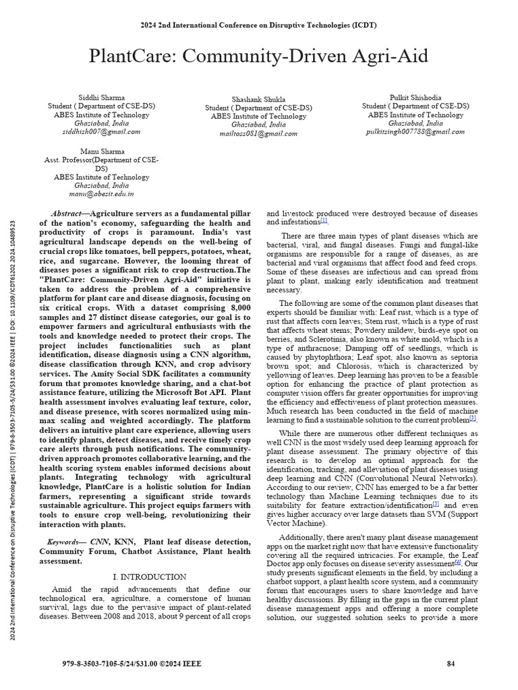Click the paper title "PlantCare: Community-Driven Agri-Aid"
pos(259,56)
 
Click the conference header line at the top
pos(259,25)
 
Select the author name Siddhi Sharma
pos(101,97)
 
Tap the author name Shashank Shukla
pos(258,99)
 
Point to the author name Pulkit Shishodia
pos(415,97)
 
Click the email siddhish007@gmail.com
pos(101,132)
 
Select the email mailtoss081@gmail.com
pos(258,134)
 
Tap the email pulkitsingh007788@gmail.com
pos(415,132)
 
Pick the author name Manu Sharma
pos(101,151)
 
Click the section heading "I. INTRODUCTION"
pos(148,577)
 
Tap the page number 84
pos(451,664)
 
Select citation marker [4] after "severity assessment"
pos(457,562)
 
